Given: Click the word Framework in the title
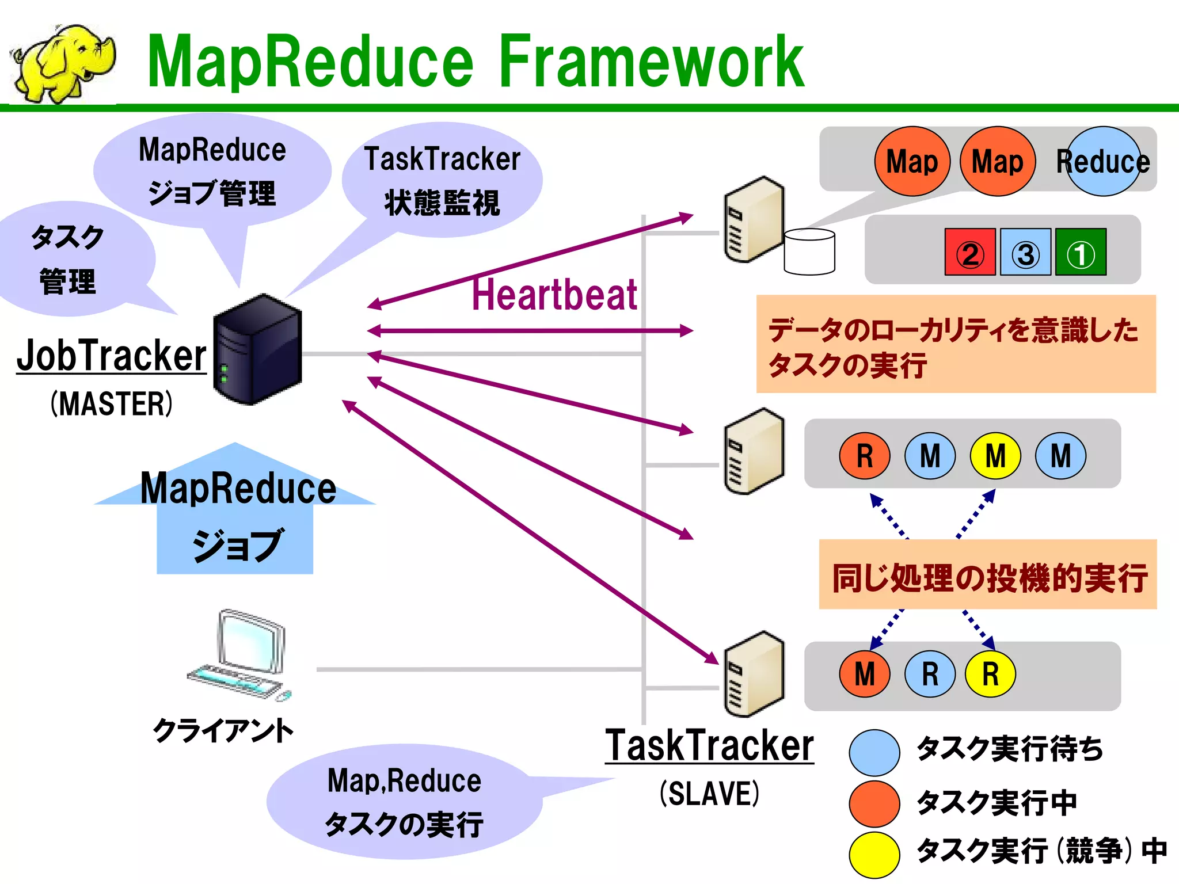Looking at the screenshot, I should (x=651, y=62).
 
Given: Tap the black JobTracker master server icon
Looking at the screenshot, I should (x=257, y=349).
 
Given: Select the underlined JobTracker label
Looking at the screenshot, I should (x=111, y=356).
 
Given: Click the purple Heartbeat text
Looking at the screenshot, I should (x=554, y=295).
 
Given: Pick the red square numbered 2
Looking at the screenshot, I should (x=970, y=253).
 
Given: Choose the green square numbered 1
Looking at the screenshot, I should (x=1081, y=253).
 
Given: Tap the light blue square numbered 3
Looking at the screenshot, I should (x=1025, y=253).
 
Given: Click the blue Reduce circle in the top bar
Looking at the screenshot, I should (x=1103, y=161).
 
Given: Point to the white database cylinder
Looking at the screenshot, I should (x=809, y=252).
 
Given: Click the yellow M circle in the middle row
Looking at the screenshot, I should (x=995, y=456).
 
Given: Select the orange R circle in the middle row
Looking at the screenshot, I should (x=865, y=456).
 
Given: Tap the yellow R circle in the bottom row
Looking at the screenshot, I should (x=990, y=673).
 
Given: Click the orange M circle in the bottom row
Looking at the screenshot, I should (x=865, y=673).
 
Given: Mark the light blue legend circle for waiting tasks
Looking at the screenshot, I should (x=874, y=752).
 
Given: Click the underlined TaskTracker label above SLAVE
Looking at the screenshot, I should (x=709, y=745).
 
